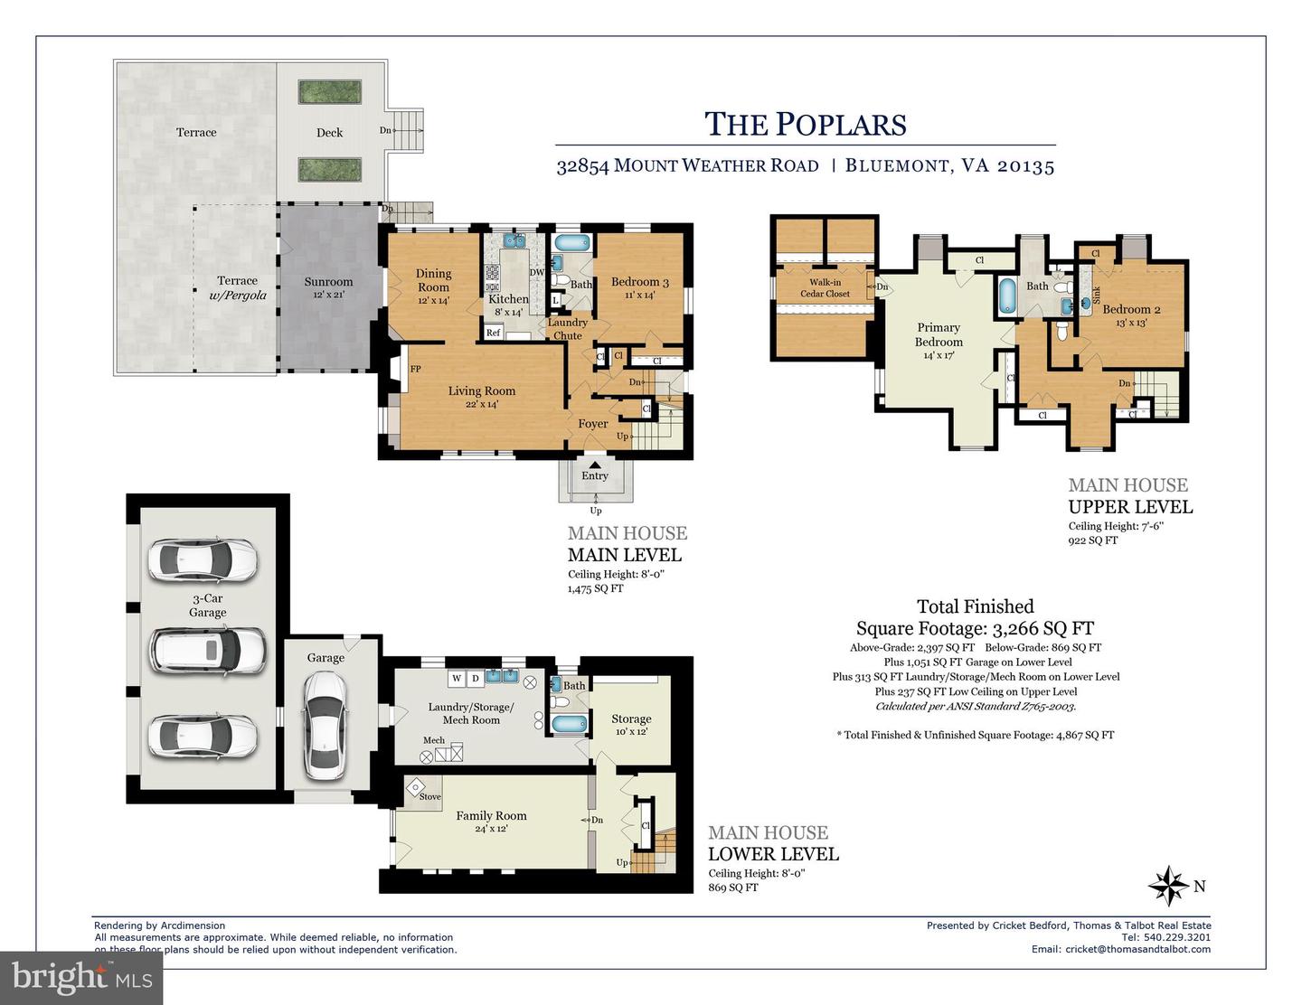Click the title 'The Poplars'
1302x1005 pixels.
click(805, 125)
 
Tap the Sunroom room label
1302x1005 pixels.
click(328, 287)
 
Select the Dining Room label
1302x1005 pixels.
click(433, 280)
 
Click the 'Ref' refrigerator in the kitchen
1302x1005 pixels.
click(494, 333)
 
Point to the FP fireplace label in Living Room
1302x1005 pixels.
click(415, 369)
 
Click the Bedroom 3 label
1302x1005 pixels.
click(639, 287)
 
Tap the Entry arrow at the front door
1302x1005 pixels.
click(594, 464)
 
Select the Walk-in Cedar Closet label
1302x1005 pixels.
click(825, 287)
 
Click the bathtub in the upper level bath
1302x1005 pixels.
click(1007, 297)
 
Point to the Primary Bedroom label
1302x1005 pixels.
click(939, 334)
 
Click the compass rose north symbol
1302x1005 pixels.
click(1168, 886)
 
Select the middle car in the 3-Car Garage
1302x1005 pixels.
click(208, 649)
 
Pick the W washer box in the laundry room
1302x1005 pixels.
click(457, 678)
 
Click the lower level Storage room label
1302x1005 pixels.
click(631, 719)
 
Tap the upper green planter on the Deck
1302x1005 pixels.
click(330, 93)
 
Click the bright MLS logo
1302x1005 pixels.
click(81, 978)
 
